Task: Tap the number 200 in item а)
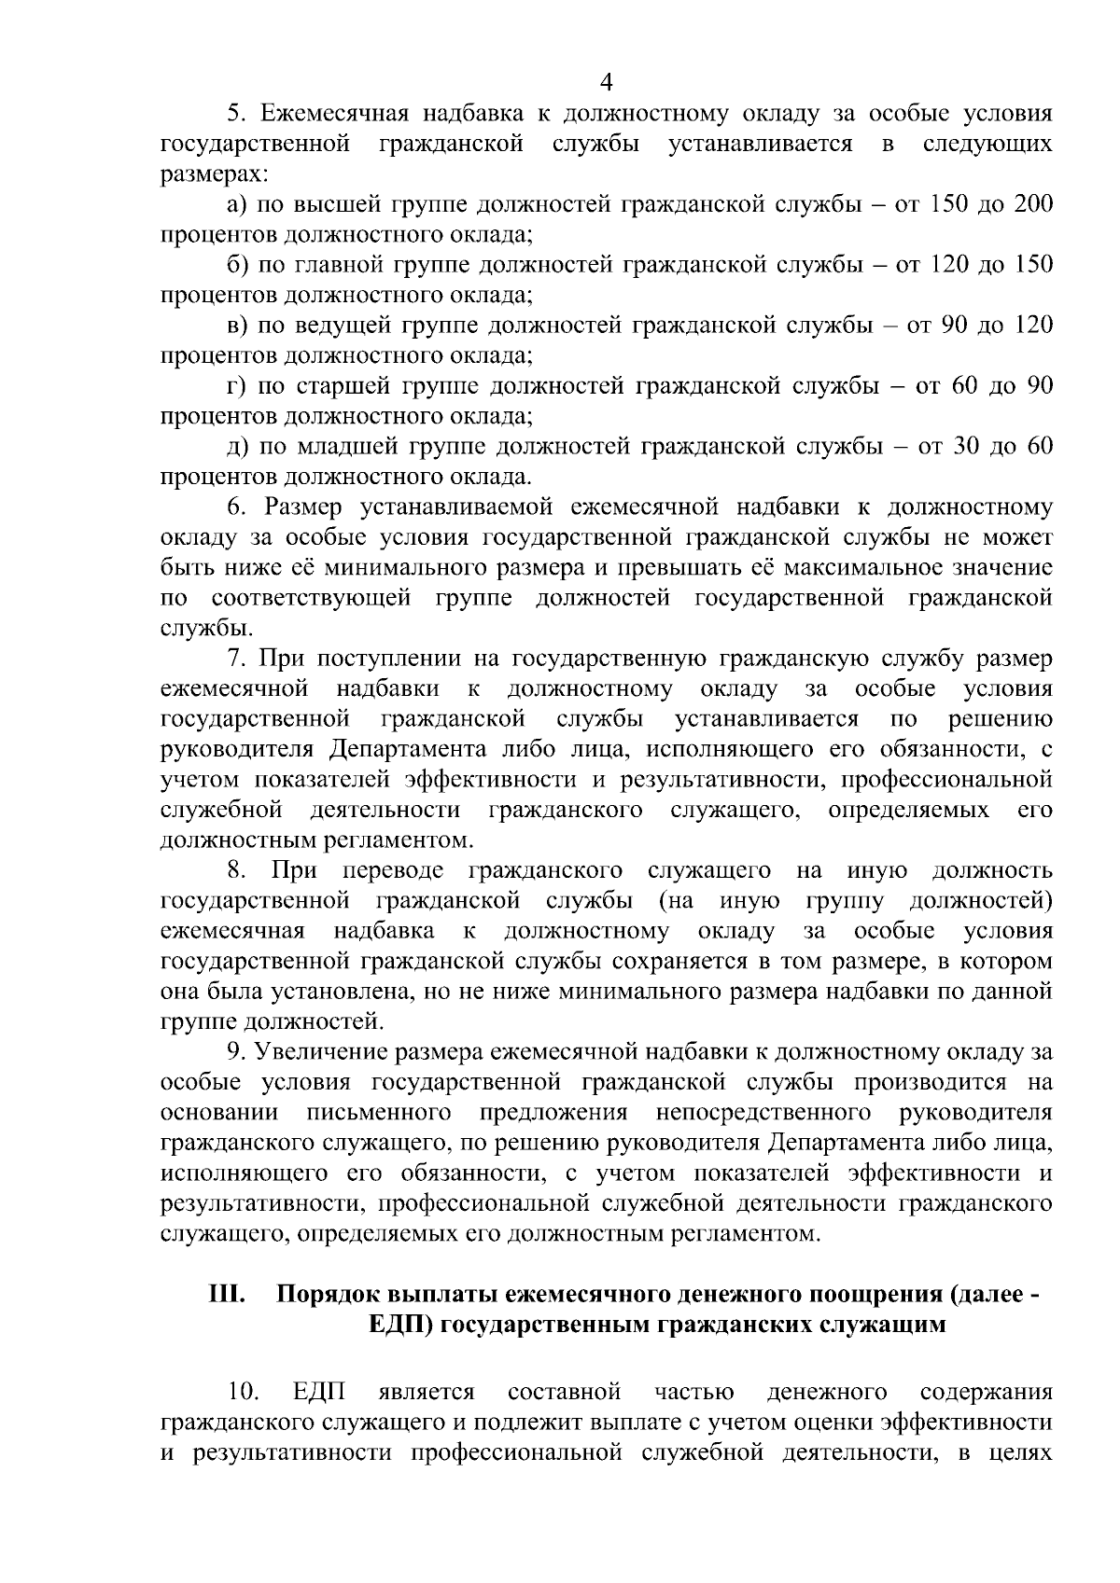click(x=1033, y=205)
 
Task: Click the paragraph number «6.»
click(x=238, y=507)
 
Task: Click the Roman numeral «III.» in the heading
click(x=227, y=1296)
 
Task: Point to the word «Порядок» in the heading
click(x=327, y=1296)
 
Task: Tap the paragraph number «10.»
click(x=244, y=1393)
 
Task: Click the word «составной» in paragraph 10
click(x=566, y=1393)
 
